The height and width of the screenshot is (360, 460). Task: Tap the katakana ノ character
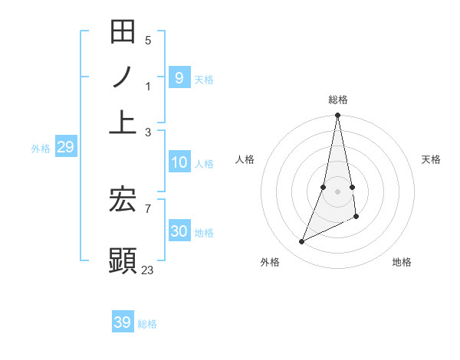[123, 77]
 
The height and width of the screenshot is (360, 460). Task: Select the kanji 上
[123, 122]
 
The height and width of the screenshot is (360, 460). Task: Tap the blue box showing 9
[179, 77]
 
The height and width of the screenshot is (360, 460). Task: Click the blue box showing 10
[179, 162]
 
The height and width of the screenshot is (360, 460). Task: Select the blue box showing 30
[179, 231]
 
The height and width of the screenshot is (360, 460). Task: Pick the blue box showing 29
[65, 147]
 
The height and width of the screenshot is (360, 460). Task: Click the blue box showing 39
[122, 322]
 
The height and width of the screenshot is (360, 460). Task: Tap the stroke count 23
[148, 270]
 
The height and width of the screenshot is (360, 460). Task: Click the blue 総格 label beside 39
[147, 324]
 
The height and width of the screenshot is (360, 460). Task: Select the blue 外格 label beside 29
[41, 149]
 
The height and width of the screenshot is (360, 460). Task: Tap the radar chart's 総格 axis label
[338, 100]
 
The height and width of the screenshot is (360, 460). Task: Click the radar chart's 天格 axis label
[431, 159]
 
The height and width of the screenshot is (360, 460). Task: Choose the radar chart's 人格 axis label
[245, 159]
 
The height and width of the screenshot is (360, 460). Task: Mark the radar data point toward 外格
[301, 242]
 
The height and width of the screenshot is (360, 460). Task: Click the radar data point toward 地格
[356, 218]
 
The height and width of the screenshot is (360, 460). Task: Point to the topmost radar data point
[337, 116]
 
